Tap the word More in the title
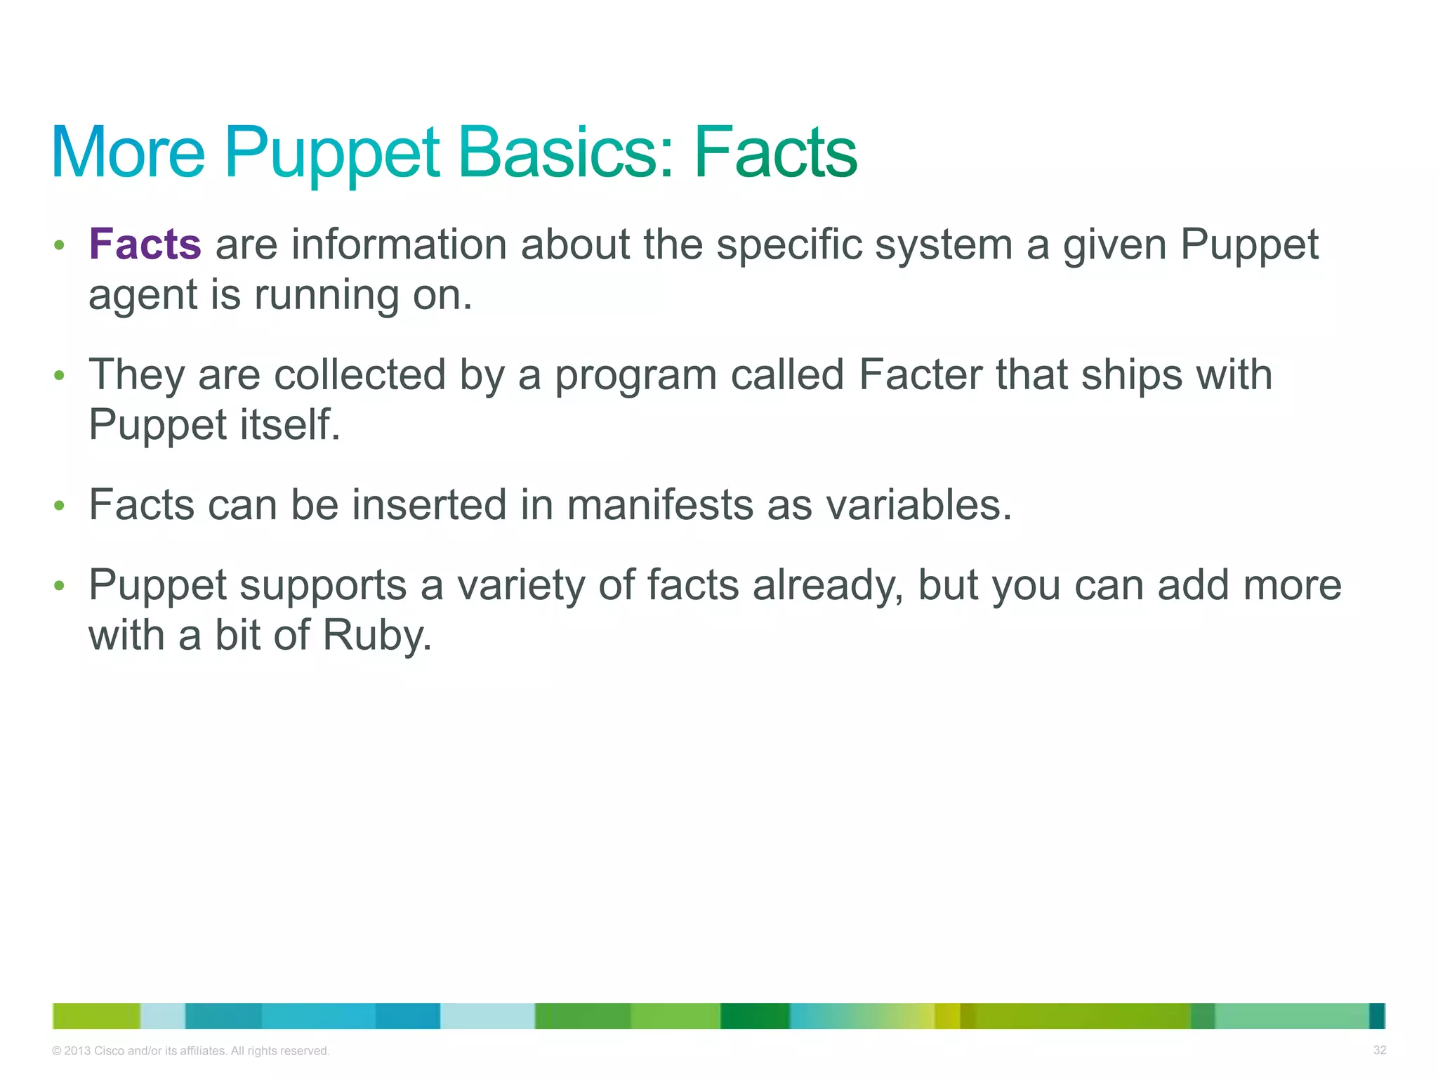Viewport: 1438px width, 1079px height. (x=128, y=152)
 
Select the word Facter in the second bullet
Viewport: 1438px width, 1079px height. (x=921, y=374)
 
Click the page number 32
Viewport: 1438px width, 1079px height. (x=1379, y=1050)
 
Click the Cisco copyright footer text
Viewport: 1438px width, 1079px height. (x=191, y=1051)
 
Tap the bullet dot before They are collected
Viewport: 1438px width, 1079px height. (x=60, y=375)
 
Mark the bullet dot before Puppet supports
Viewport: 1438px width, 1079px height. (x=60, y=585)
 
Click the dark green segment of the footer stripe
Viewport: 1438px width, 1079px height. (x=755, y=1016)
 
